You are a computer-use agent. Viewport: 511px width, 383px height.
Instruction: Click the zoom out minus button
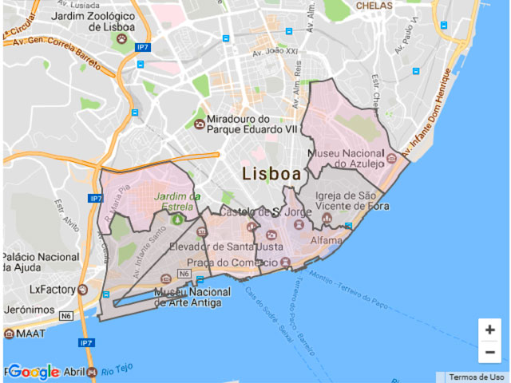pyautogui.click(x=489, y=352)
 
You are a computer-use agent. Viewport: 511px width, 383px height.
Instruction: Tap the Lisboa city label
pyautogui.click(x=271, y=173)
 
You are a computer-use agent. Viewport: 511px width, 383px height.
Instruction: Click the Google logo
pyautogui.click(x=34, y=372)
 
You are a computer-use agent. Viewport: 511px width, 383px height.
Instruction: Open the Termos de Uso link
pyautogui.click(x=476, y=377)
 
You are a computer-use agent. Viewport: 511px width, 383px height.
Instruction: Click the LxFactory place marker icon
pyautogui.click(x=82, y=290)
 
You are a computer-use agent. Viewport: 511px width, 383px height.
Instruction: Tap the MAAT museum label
pyautogui.click(x=30, y=333)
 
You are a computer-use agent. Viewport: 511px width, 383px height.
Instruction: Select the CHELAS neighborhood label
pyautogui.click(x=374, y=6)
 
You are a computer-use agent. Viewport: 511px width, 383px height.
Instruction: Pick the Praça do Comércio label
pyautogui.click(x=231, y=263)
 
